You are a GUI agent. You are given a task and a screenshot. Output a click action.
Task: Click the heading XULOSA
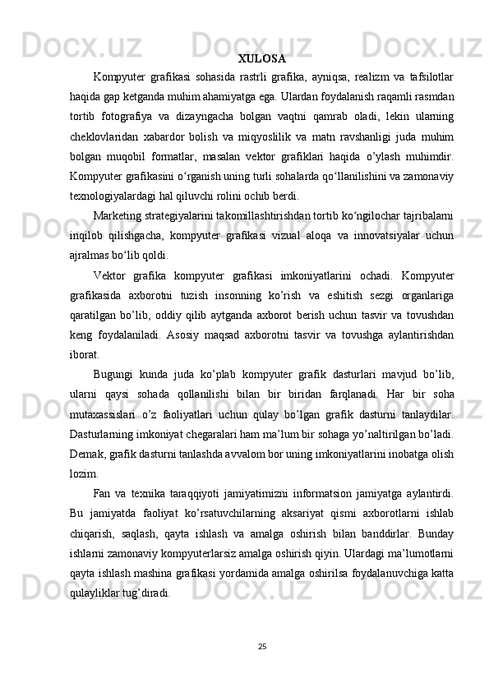(262, 59)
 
